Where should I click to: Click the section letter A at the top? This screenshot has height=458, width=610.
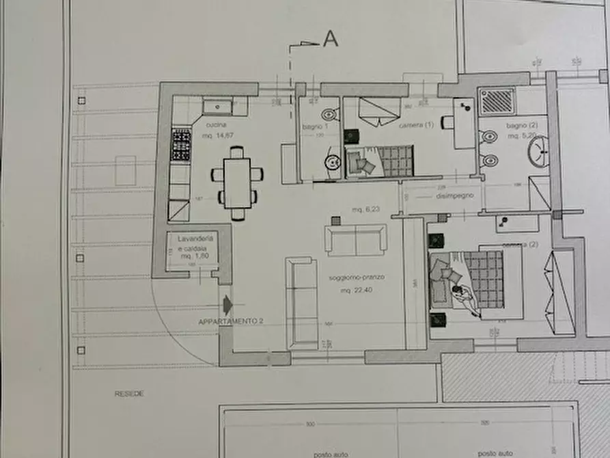click(330, 40)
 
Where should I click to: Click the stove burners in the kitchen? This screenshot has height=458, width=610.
click(180, 145)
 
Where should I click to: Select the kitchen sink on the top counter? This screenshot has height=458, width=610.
click(217, 107)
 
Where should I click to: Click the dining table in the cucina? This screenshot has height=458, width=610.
click(237, 183)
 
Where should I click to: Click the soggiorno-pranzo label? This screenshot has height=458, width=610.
click(357, 279)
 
